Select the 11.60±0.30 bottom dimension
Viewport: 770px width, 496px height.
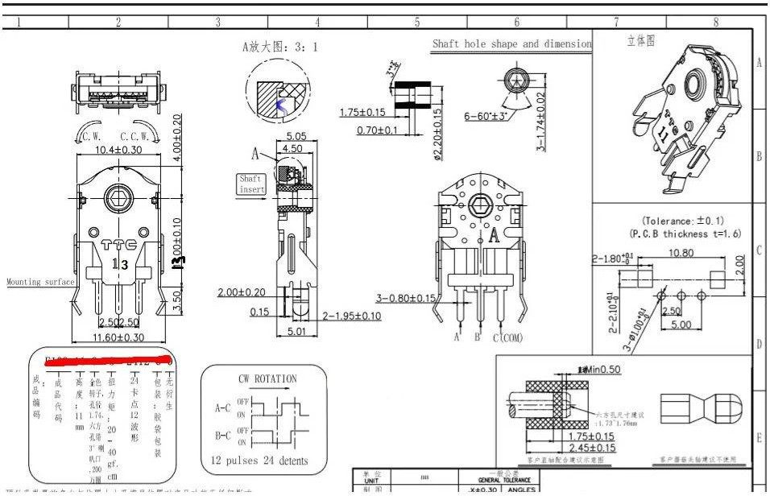tap(118, 337)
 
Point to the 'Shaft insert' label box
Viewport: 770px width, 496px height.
tap(250, 183)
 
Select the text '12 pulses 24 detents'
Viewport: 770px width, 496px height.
tap(260, 461)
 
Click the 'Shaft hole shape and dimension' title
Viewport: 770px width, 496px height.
tap(511, 44)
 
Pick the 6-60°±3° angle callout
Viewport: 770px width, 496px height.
tap(492, 116)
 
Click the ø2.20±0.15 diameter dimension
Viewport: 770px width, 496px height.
tap(438, 134)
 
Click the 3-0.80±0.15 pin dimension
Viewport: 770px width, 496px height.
tap(405, 299)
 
